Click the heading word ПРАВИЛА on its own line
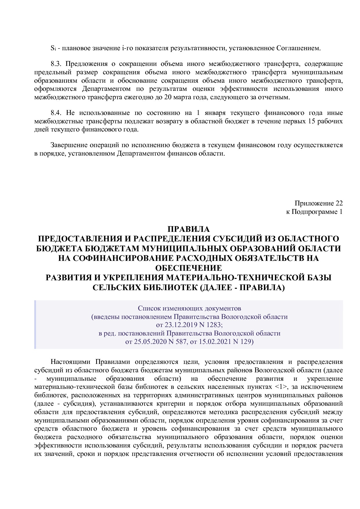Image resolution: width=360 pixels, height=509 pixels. (x=188, y=229)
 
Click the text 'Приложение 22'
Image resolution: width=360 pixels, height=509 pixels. (x=318, y=203)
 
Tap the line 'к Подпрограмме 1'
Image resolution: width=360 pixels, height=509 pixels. (x=314, y=212)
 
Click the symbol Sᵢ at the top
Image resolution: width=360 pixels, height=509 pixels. (x=53, y=48)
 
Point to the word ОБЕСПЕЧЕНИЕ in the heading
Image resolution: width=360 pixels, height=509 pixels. (x=188, y=268)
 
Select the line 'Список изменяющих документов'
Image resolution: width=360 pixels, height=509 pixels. (x=189, y=308)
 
